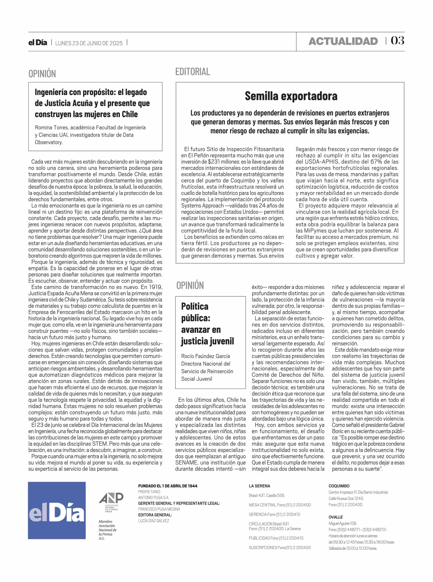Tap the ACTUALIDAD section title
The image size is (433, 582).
(x=343, y=41)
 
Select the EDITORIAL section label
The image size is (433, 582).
(x=193, y=72)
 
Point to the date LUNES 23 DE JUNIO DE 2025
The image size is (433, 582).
(x=89, y=43)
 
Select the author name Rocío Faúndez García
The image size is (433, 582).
(x=205, y=356)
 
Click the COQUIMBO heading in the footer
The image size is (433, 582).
(x=339, y=486)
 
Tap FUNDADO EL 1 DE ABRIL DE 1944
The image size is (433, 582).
(x=168, y=486)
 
